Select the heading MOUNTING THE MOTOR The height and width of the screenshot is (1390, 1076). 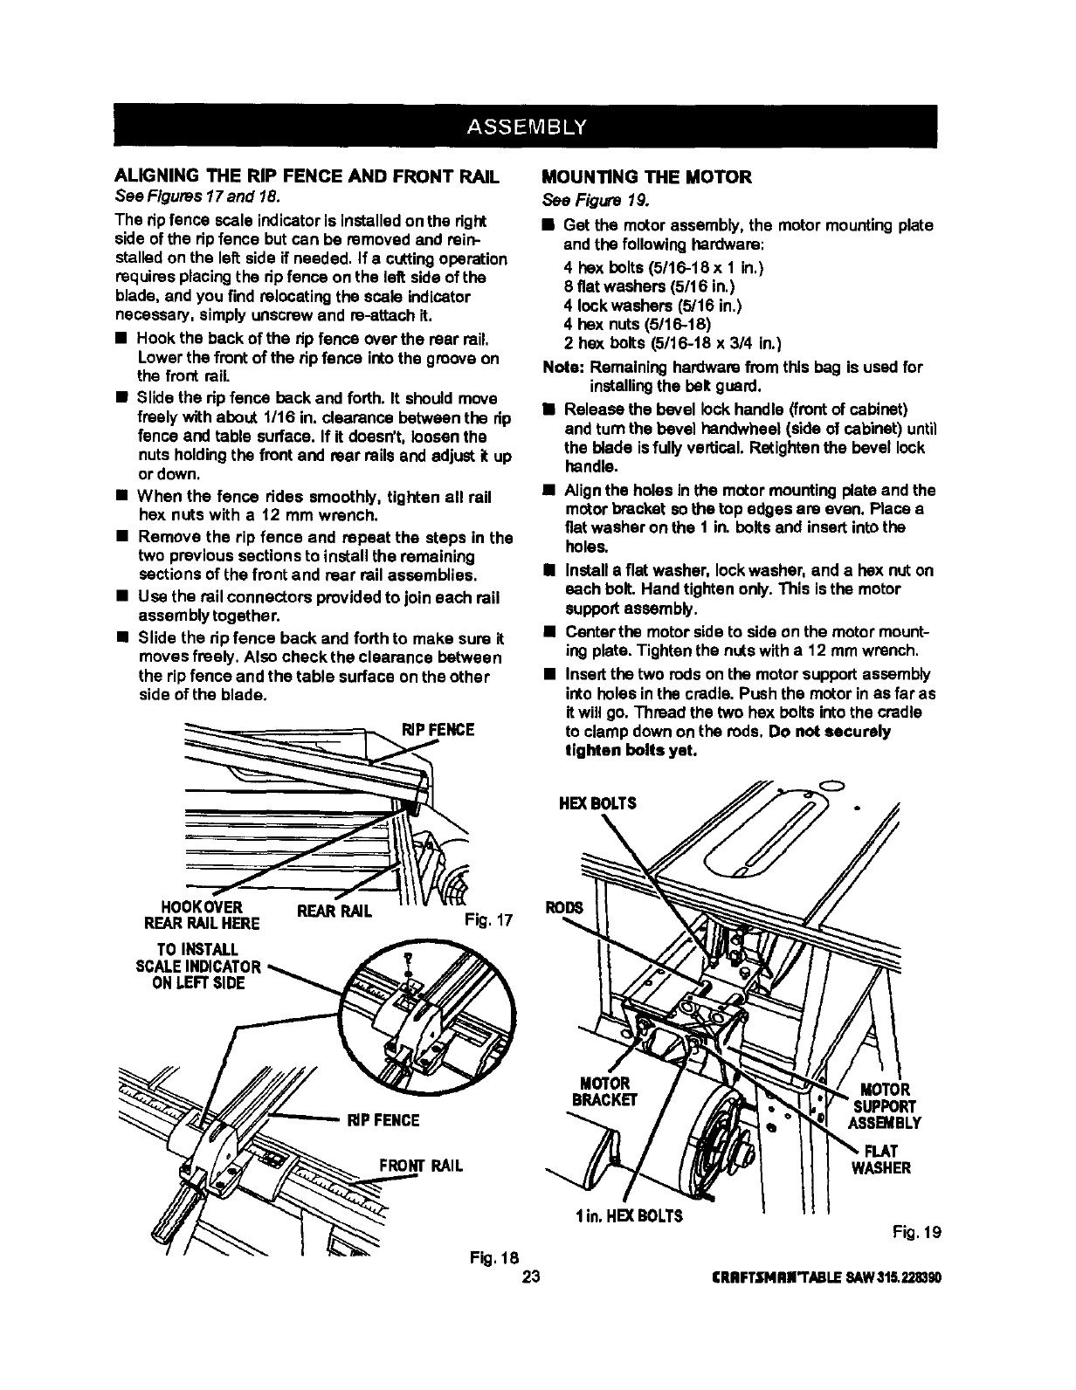[646, 177]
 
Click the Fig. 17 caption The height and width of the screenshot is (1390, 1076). [489, 920]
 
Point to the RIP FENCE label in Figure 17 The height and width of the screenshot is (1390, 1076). [437, 729]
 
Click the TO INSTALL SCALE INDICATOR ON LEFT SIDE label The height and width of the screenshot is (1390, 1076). [197, 966]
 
